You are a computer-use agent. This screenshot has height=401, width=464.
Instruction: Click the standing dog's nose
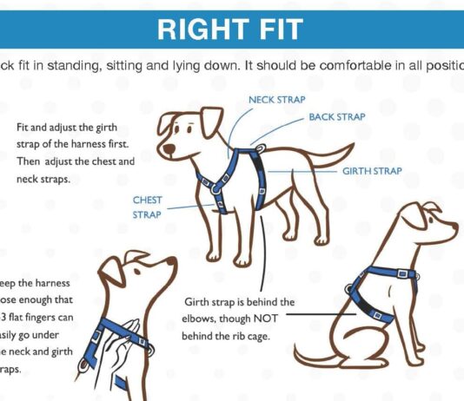(x=166, y=151)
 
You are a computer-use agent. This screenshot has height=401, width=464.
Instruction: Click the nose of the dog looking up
(x=174, y=260)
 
